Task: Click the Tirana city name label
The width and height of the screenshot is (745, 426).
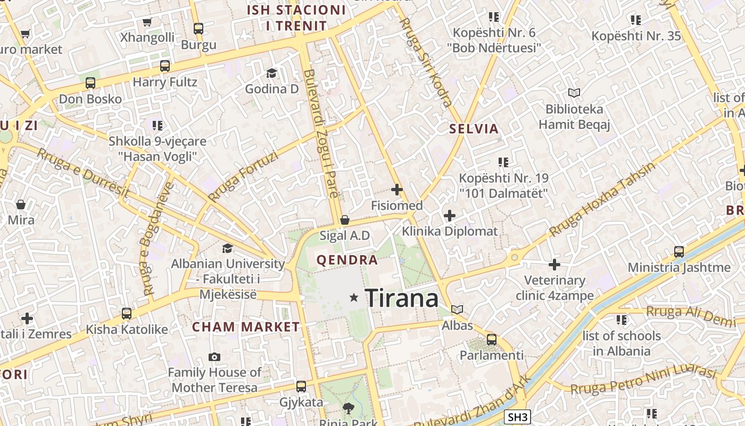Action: tap(402, 298)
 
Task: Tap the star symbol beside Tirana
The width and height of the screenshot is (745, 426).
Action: tap(354, 297)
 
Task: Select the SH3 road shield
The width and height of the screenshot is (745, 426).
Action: tap(517, 417)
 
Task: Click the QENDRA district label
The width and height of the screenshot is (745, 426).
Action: tap(347, 260)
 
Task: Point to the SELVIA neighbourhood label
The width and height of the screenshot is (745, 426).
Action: tap(474, 128)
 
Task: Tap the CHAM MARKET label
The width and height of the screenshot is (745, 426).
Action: tap(246, 327)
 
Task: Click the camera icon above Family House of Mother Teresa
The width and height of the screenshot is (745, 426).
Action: tap(214, 357)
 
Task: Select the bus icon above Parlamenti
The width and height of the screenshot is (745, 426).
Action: tap(492, 339)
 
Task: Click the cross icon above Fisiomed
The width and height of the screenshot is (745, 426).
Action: tap(396, 189)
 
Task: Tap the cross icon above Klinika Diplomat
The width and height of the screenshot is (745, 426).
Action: tap(450, 216)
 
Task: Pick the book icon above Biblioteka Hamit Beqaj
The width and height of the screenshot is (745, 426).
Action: tap(574, 93)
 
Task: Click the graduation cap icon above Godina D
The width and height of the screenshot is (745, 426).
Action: tap(272, 73)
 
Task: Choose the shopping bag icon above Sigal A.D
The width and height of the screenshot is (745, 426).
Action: tap(345, 219)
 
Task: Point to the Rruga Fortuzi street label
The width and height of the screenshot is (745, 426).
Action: tap(243, 176)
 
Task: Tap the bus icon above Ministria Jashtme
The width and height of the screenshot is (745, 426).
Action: tap(679, 251)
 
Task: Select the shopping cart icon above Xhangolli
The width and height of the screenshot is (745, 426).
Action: tap(147, 22)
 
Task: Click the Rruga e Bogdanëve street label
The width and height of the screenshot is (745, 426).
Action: tap(156, 239)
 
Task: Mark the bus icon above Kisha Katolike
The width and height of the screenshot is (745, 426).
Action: tap(127, 313)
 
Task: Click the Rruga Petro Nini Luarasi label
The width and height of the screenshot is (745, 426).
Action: tap(643, 380)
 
